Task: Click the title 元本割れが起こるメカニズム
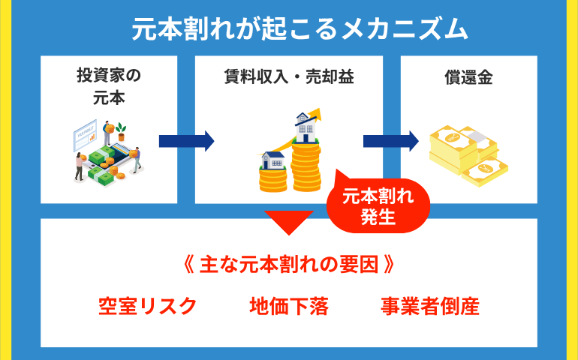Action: (300, 29)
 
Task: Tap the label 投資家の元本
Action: (109, 86)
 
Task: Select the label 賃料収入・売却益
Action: (289, 77)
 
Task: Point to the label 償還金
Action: (468, 77)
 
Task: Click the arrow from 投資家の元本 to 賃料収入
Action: (186, 141)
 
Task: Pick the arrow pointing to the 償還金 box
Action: (391, 141)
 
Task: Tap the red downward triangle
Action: (289, 222)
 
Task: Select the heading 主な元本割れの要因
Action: (289, 265)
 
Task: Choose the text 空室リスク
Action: (147, 306)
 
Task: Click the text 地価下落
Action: (289, 306)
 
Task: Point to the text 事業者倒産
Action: (430, 306)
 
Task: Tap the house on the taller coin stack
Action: (306, 127)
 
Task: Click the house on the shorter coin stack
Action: (272, 160)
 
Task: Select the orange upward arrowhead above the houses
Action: (315, 114)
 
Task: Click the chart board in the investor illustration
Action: (85, 135)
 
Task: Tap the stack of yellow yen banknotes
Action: (468, 155)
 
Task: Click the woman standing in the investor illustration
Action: (80, 166)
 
